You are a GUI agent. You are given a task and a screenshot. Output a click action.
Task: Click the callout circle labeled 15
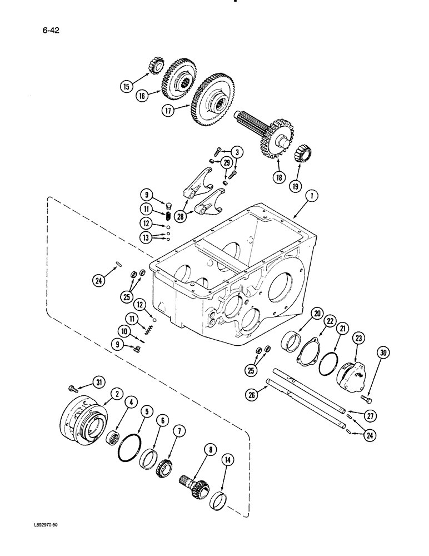[126, 86]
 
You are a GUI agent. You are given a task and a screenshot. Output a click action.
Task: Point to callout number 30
[383, 353]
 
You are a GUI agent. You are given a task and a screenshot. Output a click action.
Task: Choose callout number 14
[226, 460]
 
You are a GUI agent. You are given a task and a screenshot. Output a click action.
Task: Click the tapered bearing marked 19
[305, 152]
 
